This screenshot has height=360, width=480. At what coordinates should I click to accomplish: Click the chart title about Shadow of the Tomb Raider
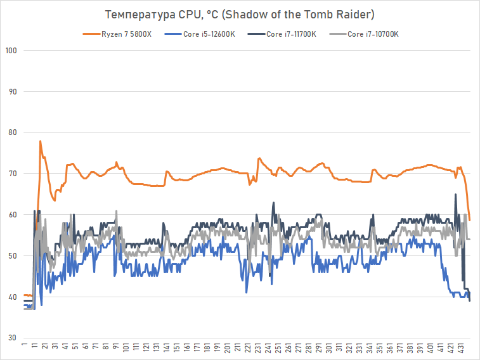coord(240,15)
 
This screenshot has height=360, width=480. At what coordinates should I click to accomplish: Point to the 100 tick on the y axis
coord(10,51)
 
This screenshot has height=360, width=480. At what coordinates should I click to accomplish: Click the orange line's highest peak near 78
coord(40,141)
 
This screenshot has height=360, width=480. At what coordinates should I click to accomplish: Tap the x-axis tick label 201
coord(227,349)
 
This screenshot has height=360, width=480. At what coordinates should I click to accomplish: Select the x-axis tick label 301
coord(328,349)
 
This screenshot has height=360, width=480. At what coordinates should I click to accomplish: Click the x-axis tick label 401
coord(431,349)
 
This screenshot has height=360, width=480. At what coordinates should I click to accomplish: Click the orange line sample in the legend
coord(91,34)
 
